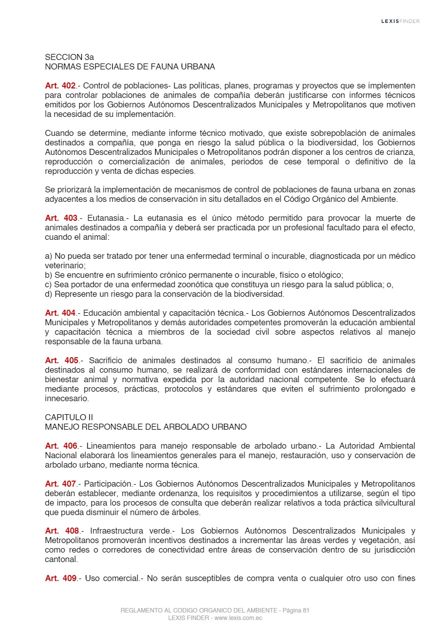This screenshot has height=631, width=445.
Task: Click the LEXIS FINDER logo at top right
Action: (400, 21)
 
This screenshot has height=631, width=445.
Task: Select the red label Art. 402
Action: (60, 85)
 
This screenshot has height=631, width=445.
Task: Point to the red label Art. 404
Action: (60, 313)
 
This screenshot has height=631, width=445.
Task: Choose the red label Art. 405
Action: (62, 361)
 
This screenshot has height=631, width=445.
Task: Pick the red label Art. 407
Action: (60, 484)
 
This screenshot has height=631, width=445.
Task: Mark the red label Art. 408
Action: (62, 531)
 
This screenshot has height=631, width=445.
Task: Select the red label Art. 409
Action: (60, 579)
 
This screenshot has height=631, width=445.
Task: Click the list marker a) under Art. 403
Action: (48, 256)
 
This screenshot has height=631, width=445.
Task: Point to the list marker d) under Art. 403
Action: (48, 294)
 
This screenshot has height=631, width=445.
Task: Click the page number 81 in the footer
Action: (306, 611)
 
